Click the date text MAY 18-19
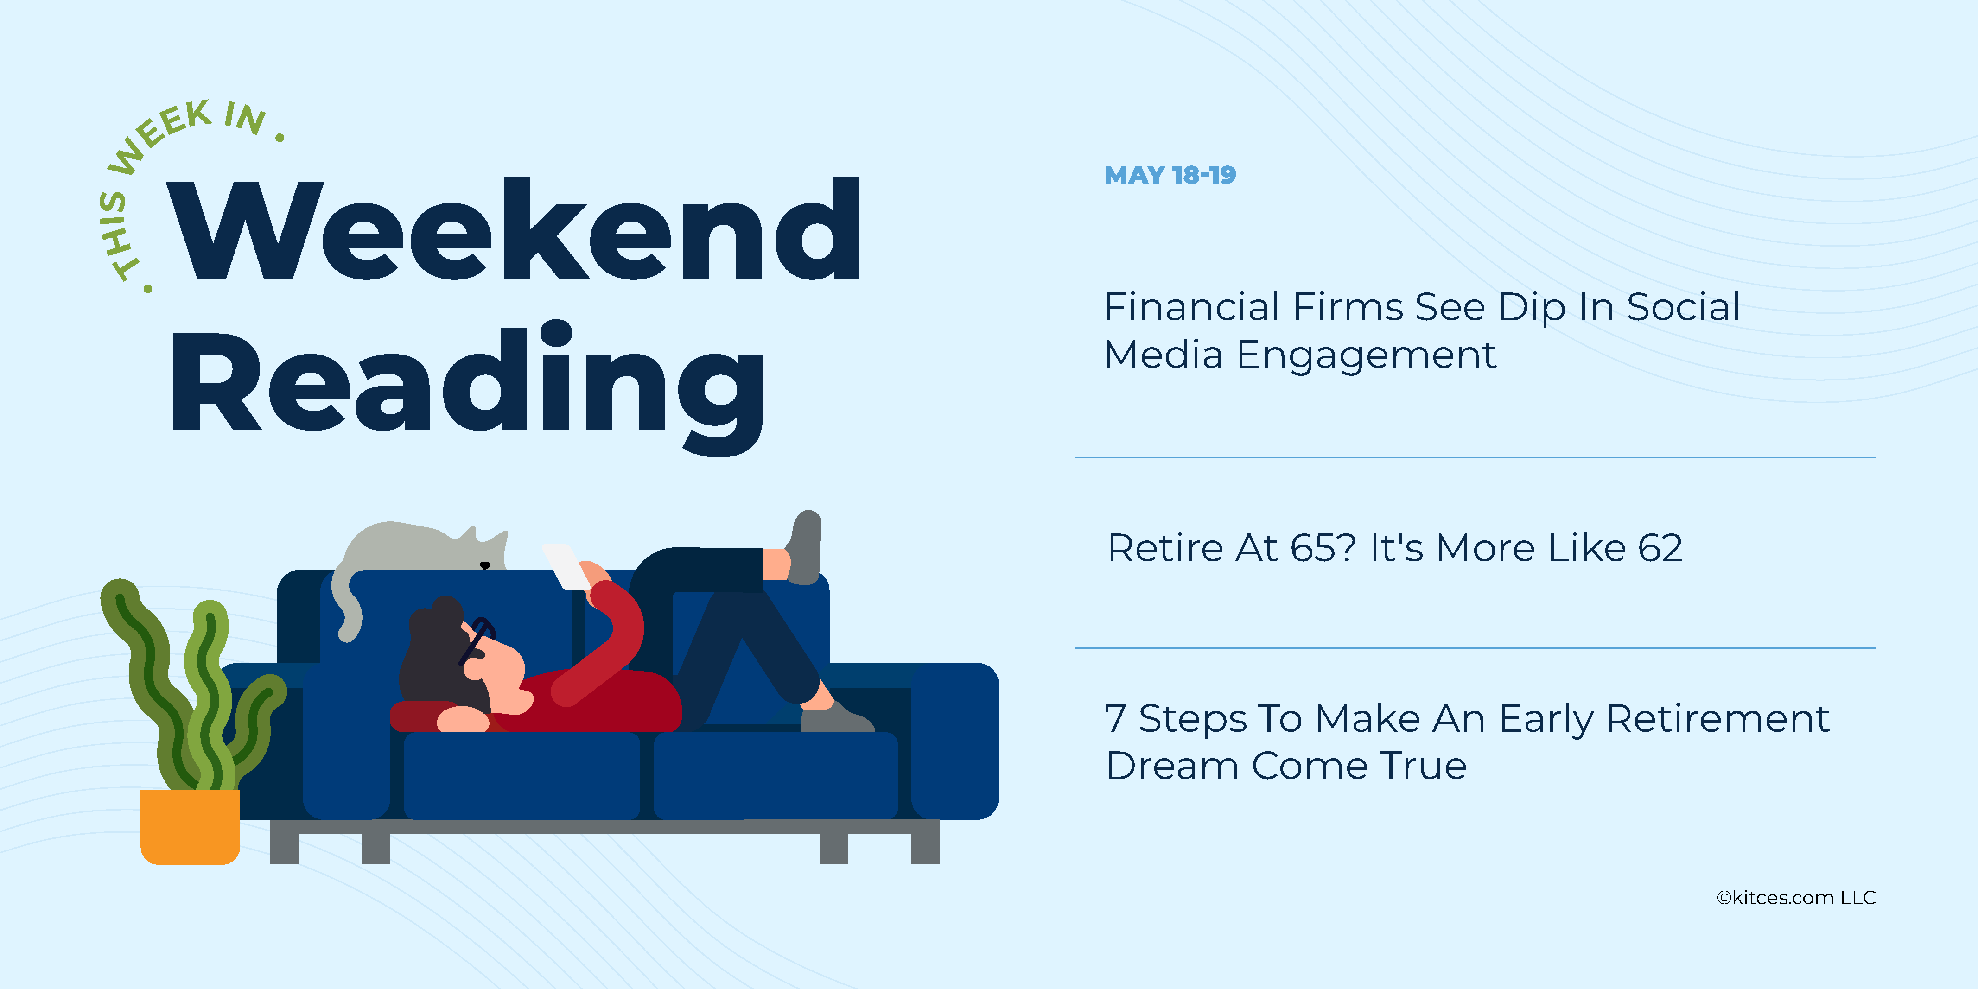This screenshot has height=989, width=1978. tap(1170, 175)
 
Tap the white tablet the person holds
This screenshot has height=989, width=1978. tap(566, 567)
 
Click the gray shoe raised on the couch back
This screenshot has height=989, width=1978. tap(805, 547)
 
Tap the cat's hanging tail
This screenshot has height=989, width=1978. tap(345, 607)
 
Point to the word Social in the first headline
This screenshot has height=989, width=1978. tap(1683, 307)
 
